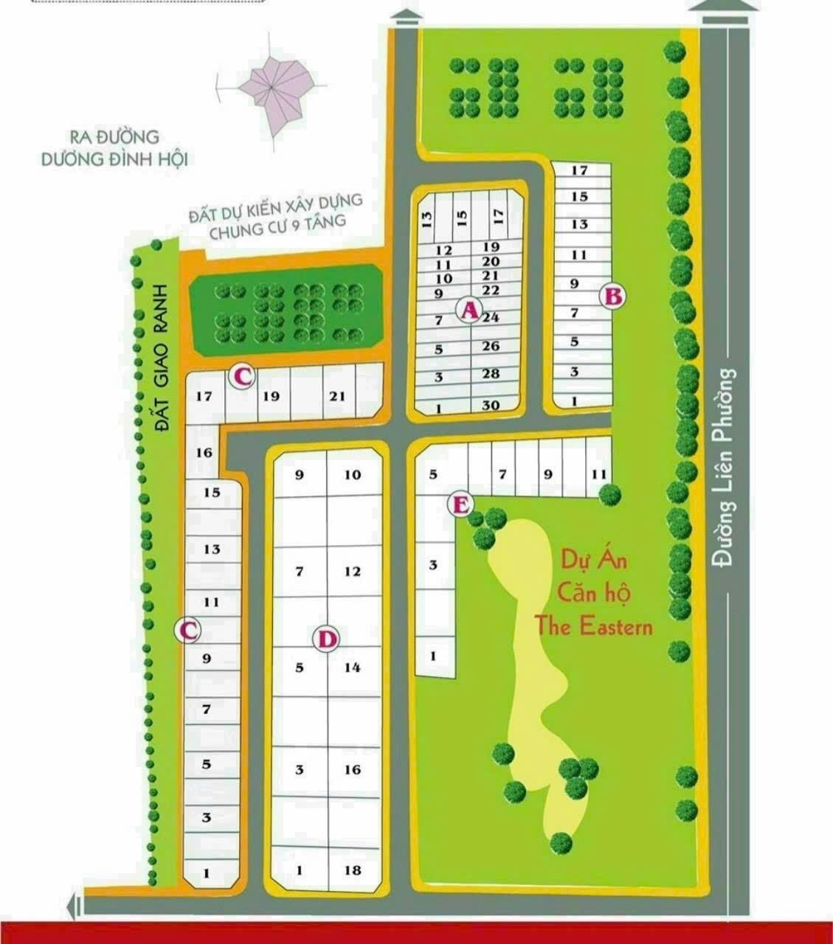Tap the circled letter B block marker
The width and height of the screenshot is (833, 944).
tap(614, 296)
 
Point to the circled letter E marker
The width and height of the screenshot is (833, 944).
tap(461, 505)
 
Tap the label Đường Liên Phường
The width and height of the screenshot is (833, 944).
tap(728, 468)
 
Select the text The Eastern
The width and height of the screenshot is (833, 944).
tap(593, 628)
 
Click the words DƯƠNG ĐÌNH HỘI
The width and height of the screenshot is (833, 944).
tap(114, 159)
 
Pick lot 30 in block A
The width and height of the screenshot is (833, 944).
tap(491, 406)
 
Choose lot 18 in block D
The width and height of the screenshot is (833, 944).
tap(353, 870)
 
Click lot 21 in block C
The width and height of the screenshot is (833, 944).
tap(337, 396)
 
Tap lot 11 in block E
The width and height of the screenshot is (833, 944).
tap(598, 474)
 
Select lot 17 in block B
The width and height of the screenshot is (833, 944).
tap(579, 170)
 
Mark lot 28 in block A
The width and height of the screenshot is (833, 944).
tap(491, 374)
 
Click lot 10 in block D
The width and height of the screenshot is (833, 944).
tap(353, 475)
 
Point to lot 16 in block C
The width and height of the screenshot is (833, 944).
tap(204, 452)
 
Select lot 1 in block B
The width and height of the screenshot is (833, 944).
tap(574, 401)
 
